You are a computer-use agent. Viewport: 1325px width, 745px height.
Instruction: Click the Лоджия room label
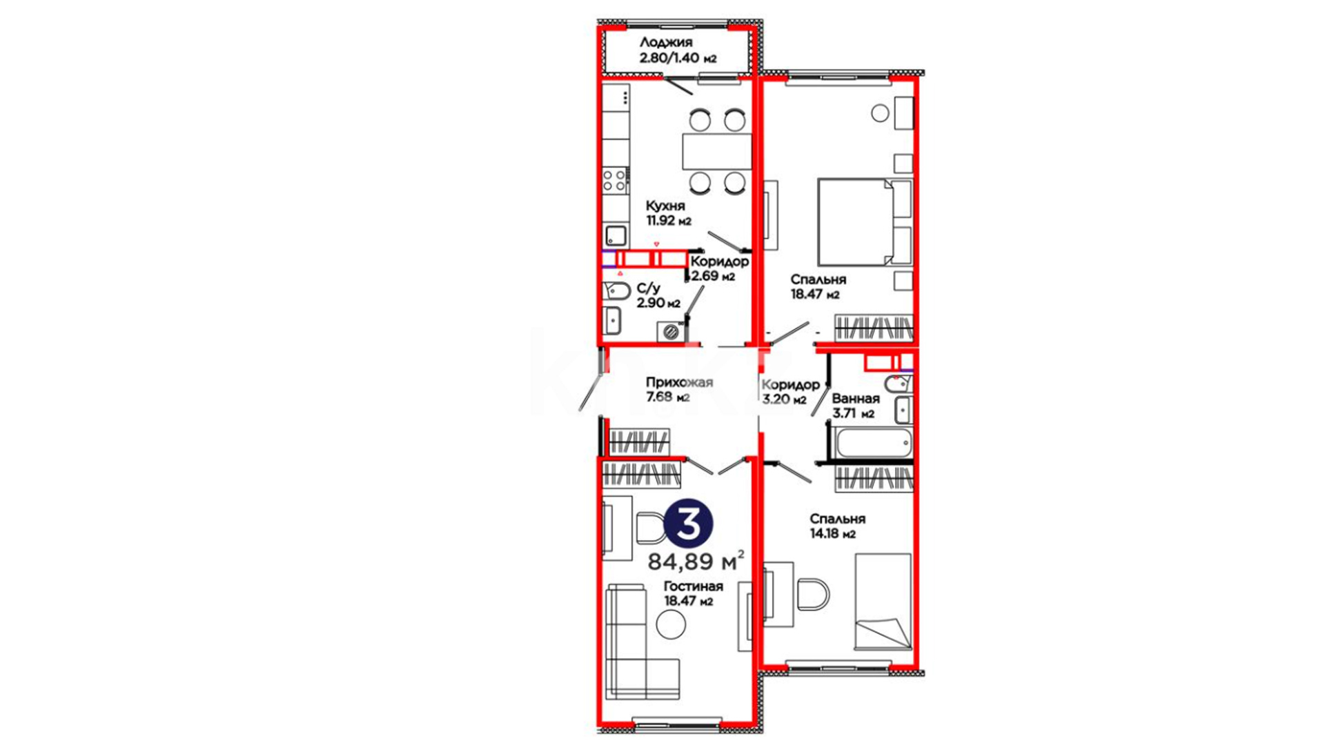pos(666,43)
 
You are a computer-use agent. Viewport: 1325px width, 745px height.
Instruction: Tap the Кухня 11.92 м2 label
pos(668,213)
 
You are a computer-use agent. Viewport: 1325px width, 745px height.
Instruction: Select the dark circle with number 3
pos(688,524)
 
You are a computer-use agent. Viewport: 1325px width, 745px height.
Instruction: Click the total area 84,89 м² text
pos(696,561)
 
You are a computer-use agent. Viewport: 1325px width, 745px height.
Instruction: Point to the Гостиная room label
pos(694,586)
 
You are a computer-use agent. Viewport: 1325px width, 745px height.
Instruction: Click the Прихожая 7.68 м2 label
pos(679,390)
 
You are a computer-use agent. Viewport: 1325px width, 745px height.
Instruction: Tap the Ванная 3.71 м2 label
pos(855,406)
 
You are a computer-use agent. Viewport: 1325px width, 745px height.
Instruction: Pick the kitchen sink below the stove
pos(616,237)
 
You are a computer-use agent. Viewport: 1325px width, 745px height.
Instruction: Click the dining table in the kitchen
pos(717,151)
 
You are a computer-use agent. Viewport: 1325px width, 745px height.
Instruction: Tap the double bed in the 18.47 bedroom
pos(865,221)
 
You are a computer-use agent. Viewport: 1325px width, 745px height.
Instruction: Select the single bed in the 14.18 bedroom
pos(883,602)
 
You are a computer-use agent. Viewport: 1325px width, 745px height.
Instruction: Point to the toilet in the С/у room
pos(617,292)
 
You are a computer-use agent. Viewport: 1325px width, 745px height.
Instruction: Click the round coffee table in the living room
pos(671,625)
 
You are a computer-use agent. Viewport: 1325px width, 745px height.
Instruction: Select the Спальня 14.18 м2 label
pos(838,526)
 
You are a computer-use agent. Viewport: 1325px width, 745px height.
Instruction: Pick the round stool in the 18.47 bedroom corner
pos(880,113)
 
